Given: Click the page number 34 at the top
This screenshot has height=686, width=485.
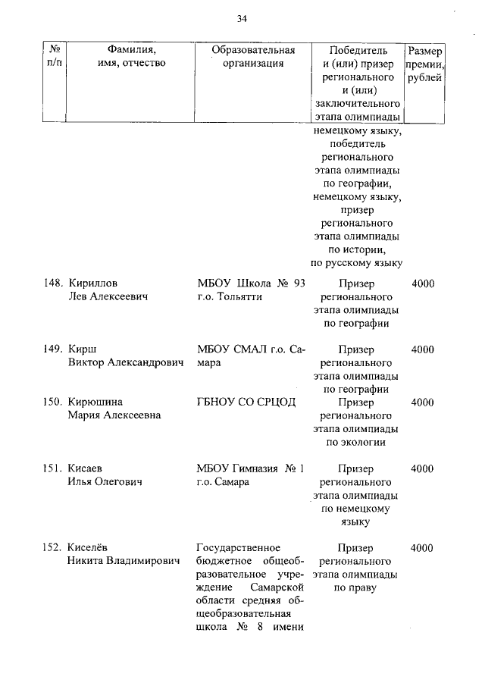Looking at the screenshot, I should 242,18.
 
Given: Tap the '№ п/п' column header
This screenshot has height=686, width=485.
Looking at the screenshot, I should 54,57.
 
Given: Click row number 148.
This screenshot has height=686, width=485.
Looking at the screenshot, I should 52,283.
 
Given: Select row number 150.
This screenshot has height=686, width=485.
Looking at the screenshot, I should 52,403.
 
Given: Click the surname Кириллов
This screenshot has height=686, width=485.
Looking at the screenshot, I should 94,283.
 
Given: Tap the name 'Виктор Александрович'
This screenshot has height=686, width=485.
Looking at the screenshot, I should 127,363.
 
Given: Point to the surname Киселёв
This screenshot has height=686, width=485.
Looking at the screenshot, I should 92,548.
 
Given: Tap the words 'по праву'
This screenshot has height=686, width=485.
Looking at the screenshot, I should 355,587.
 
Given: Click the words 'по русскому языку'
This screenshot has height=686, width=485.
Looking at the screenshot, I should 356,263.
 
